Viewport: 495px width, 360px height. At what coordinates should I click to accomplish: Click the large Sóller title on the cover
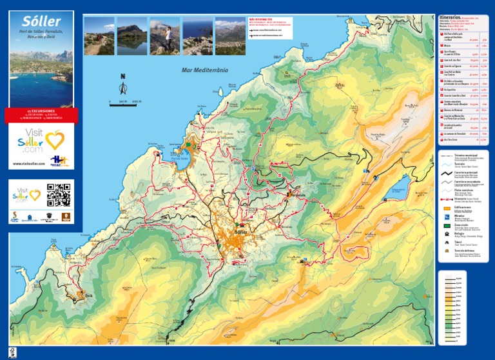point(42,23)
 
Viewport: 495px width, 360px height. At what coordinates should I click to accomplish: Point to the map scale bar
point(126,101)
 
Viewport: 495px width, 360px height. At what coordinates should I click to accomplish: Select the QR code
point(59,195)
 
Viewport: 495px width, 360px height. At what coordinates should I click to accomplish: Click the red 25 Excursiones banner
point(41,115)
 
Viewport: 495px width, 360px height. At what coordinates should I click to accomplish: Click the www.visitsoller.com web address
point(29,164)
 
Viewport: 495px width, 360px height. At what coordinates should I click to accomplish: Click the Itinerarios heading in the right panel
point(449,17)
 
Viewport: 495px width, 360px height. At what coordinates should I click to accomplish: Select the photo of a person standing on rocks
point(165,36)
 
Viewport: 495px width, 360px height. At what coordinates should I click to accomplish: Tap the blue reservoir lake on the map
point(398,186)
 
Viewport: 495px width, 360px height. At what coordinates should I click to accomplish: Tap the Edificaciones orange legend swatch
point(446,210)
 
